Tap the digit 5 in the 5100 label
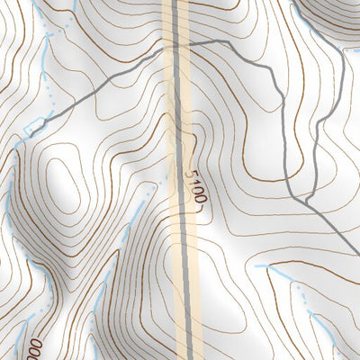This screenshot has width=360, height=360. point(193,171)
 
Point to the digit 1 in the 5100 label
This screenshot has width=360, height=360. point(195,179)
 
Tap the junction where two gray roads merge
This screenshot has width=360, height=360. point(306,201)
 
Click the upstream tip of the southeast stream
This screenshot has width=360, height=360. point(256,266)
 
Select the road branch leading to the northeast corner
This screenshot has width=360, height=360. point(343,108)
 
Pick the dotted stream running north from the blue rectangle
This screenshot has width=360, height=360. point(45,72)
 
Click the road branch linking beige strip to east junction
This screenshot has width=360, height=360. point(270,90)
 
